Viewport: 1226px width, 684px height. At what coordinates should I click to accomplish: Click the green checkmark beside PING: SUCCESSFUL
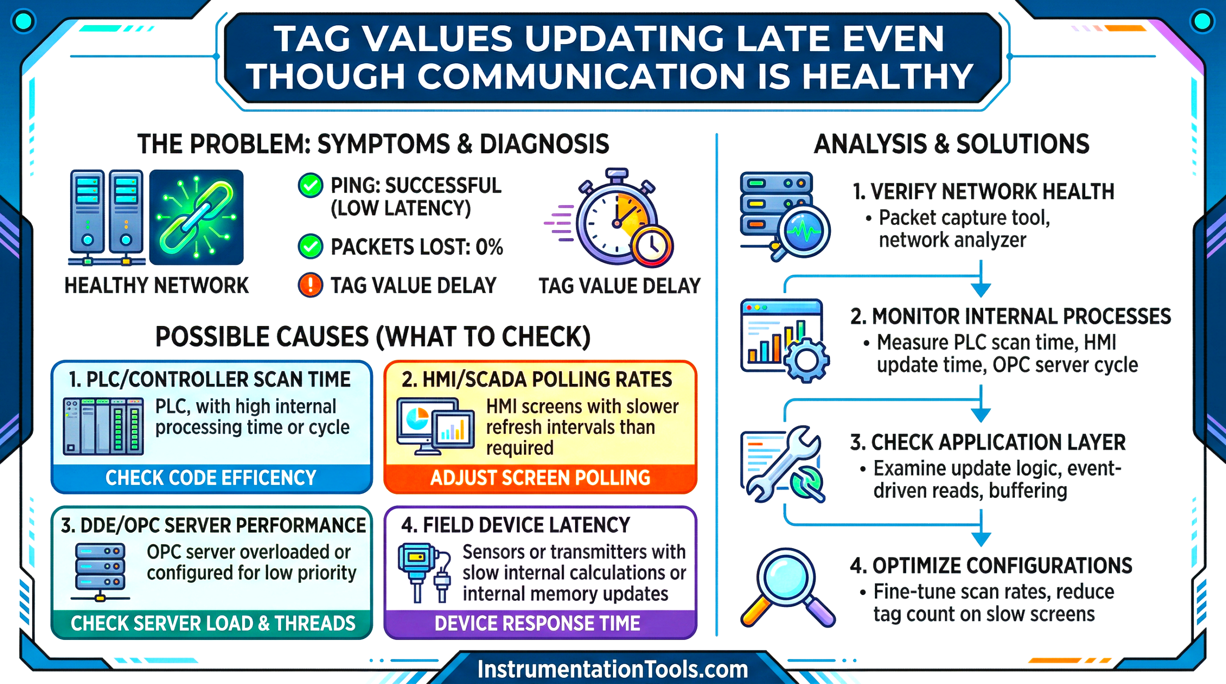(x=310, y=186)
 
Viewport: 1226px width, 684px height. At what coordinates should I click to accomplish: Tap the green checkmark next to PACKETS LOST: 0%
(x=310, y=247)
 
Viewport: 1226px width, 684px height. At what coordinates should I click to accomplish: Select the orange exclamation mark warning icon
(x=310, y=285)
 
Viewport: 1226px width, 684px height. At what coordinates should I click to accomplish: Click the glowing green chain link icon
(x=196, y=217)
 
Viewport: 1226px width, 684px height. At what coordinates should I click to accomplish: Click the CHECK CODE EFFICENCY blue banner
(x=211, y=478)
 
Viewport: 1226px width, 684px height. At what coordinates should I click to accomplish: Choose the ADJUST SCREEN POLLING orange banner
(x=540, y=478)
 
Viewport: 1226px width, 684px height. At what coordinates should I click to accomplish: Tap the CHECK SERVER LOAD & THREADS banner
(x=213, y=623)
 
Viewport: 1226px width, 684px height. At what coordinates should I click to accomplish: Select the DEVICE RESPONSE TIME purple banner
(x=537, y=623)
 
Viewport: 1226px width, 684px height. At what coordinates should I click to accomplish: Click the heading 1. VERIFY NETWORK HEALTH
(x=983, y=192)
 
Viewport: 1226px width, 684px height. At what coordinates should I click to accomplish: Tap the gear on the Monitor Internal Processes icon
(x=807, y=360)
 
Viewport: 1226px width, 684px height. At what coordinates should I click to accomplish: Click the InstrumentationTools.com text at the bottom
(x=613, y=669)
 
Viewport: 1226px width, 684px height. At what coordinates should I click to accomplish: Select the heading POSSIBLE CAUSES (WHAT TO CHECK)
(x=373, y=336)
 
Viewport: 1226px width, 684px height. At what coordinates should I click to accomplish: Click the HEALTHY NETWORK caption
(x=157, y=286)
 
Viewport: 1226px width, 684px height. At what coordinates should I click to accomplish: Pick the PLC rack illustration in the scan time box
(x=103, y=426)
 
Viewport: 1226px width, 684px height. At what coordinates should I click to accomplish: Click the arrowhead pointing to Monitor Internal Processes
(x=980, y=290)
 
